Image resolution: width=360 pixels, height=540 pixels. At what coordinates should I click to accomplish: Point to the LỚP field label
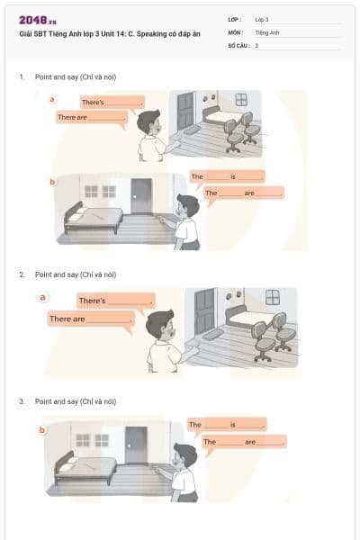tap(235, 19)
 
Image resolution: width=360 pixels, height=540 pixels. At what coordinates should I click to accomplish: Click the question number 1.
tap(21, 78)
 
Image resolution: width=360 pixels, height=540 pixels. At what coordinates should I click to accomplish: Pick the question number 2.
tap(21, 274)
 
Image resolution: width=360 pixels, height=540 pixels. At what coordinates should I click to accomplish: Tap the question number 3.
tap(21, 401)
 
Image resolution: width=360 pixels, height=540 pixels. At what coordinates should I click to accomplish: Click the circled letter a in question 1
tap(52, 99)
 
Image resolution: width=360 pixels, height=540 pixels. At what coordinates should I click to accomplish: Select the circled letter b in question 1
tap(52, 182)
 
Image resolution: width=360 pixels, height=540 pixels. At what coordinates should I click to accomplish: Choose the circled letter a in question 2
tap(43, 296)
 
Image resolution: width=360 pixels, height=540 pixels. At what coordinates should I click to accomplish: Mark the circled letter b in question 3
tap(42, 429)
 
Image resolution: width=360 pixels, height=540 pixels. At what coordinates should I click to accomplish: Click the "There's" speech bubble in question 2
tap(115, 301)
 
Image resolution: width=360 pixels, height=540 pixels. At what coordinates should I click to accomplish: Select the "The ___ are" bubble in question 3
tap(244, 442)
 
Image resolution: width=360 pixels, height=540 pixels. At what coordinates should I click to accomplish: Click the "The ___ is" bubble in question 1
tap(227, 176)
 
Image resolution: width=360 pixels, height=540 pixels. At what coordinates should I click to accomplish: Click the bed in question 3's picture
tap(87, 466)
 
